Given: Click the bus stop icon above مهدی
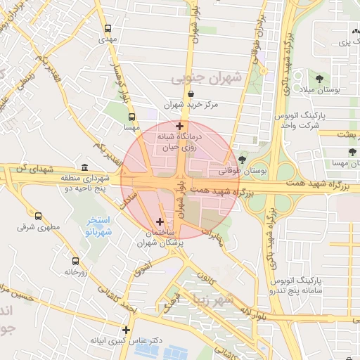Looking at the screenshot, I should click(x=108, y=29).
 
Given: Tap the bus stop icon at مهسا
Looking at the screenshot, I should click(x=131, y=117).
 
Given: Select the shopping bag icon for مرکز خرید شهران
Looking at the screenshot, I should click(x=191, y=94).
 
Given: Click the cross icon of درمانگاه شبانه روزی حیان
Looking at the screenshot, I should click(x=179, y=126).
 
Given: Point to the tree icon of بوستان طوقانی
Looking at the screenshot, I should click(x=243, y=160).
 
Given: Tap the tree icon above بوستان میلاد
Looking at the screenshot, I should click(x=320, y=79).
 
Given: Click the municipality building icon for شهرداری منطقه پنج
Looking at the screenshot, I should click(x=84, y=167).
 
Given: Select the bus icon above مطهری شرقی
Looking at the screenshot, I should click(x=37, y=217).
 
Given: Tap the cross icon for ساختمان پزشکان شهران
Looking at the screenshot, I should click(x=160, y=221).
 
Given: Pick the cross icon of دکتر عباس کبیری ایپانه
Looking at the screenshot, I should click(x=126, y=329).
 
